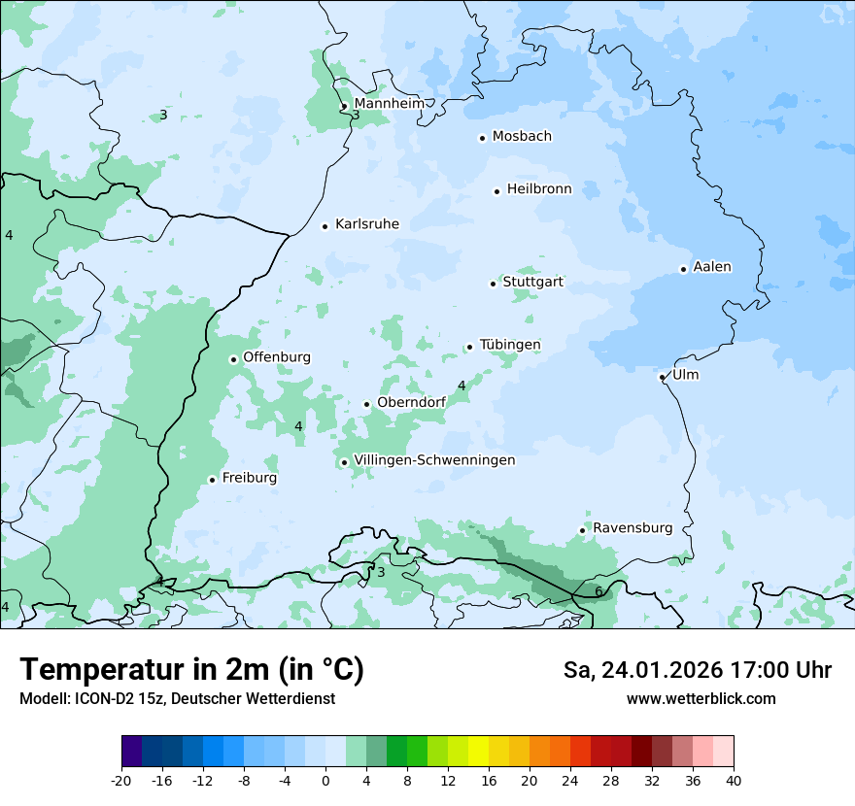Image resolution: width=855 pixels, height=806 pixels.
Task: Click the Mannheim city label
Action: coord(389,103)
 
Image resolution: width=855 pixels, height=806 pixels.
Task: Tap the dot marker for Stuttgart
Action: coord(493,284)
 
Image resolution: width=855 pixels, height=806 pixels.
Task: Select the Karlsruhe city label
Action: coord(366,224)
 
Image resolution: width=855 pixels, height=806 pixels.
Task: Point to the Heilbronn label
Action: coord(539,189)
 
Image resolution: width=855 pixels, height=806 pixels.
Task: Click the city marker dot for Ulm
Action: coord(662,377)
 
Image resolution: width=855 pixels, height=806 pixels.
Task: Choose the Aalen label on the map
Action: coord(712,267)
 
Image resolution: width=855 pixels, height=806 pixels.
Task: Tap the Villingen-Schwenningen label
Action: coord(434,460)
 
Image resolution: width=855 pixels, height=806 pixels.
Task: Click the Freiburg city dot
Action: coord(212,480)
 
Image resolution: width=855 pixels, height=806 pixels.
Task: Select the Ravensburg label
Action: coord(633,528)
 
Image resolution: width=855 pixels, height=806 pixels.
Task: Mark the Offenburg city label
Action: coord(277,357)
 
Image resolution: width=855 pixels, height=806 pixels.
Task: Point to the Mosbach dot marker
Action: coord(482,138)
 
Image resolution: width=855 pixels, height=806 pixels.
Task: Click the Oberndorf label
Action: coord(411,402)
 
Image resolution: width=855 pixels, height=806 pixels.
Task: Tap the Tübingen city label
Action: coord(510,345)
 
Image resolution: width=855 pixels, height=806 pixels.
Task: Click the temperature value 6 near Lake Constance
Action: coord(598,591)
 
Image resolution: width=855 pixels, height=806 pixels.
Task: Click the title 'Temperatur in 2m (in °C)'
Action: coord(191,670)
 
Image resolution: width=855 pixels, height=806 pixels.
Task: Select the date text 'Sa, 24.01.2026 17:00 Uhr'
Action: coord(697,670)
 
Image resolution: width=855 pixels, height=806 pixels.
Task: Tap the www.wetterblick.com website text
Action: coord(701,698)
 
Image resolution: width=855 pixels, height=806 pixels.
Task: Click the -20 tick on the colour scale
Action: coord(121,781)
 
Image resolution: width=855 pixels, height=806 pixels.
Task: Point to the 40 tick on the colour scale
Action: coord(733,781)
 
